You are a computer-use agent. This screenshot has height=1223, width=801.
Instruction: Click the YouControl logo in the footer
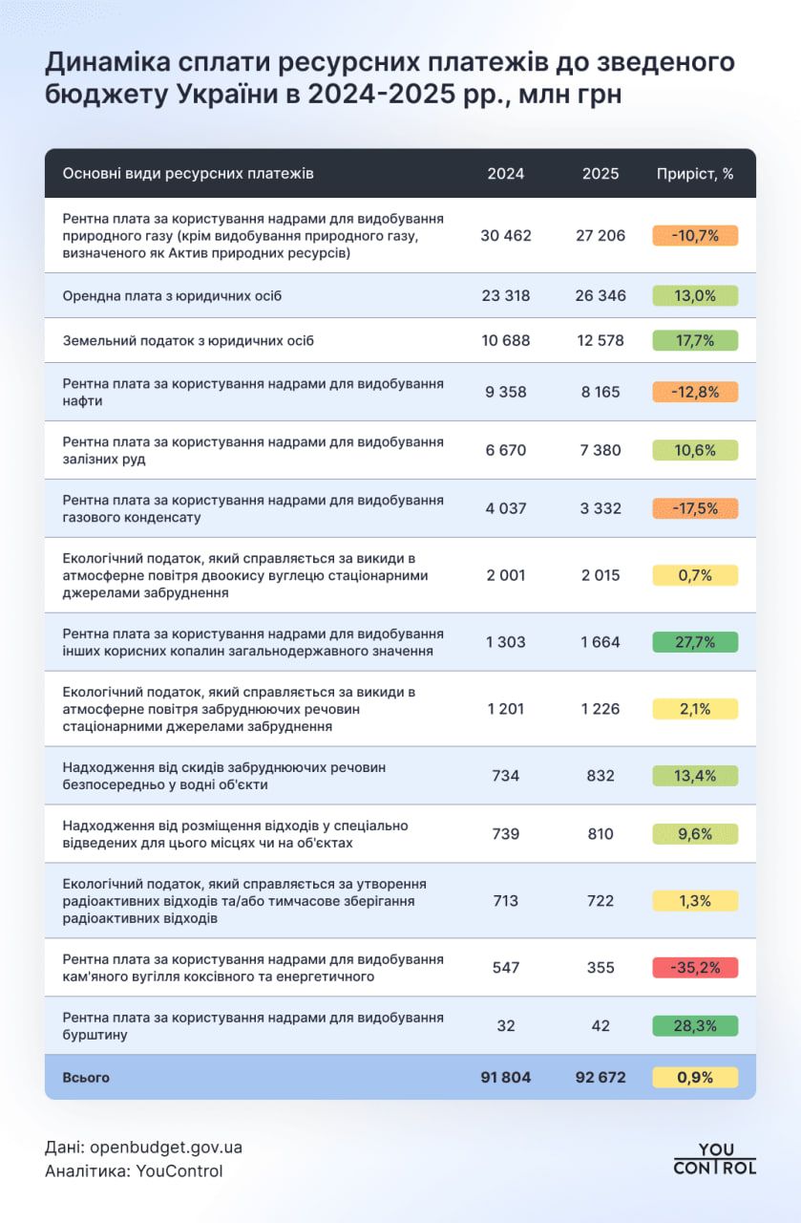tap(714, 1158)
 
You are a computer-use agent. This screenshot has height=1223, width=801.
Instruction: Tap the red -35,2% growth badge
tap(695, 968)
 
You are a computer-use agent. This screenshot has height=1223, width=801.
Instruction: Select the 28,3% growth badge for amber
tap(695, 1026)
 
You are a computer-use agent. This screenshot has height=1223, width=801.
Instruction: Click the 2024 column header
tap(506, 174)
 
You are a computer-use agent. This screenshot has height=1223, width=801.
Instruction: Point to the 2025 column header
tap(601, 174)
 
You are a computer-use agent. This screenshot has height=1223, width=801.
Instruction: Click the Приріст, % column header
tap(695, 174)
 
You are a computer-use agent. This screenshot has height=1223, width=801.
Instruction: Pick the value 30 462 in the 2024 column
tap(506, 235)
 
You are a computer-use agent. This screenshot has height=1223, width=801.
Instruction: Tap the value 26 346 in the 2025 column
tap(601, 295)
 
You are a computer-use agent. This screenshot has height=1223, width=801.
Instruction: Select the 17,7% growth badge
tap(695, 340)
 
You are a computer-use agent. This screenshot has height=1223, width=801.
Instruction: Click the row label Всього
tap(86, 1078)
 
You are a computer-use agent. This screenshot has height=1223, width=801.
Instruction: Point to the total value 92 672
tap(601, 1078)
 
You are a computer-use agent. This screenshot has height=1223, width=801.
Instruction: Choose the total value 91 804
tap(506, 1078)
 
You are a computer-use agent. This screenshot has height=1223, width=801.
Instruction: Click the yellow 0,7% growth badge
tap(695, 575)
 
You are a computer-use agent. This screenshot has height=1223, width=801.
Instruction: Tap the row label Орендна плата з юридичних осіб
tap(172, 295)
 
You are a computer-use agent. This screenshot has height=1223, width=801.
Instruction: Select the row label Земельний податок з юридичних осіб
tap(188, 340)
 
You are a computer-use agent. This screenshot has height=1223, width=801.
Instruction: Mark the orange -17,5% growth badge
tap(695, 508)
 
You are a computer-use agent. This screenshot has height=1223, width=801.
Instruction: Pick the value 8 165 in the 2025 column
tap(601, 391)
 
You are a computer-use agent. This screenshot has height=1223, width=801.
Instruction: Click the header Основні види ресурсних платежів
tap(188, 174)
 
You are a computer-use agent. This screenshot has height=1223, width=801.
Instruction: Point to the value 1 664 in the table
tap(601, 642)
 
